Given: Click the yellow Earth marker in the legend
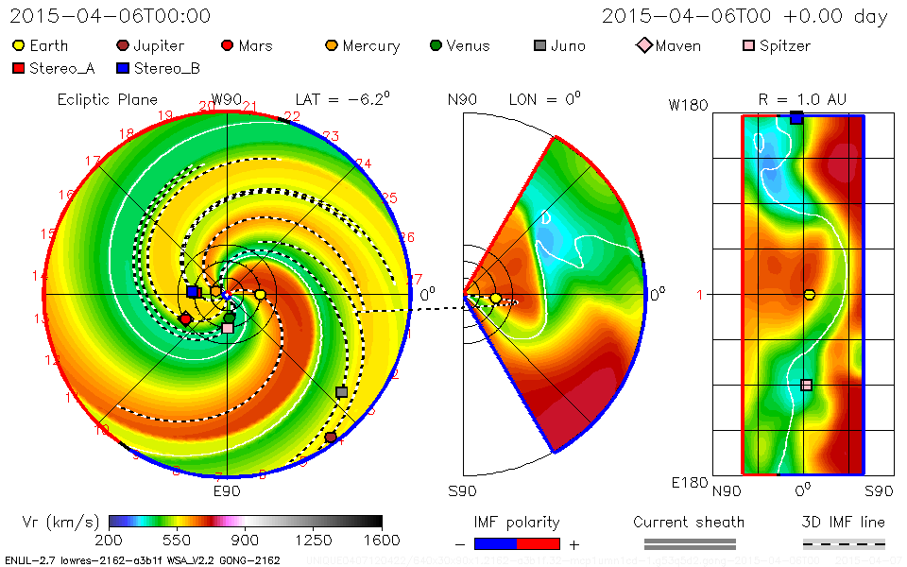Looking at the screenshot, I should pyautogui.click(x=18, y=45).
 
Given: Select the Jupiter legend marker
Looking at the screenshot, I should pyautogui.click(x=122, y=45).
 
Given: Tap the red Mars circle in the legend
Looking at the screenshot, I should pyautogui.click(x=227, y=45).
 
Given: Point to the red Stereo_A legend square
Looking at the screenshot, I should pyautogui.click(x=18, y=68).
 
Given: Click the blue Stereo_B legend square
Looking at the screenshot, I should pyautogui.click(x=122, y=68).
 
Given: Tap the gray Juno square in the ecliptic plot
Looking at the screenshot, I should pyautogui.click(x=342, y=391).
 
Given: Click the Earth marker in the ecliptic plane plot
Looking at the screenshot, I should pyautogui.click(x=260, y=295).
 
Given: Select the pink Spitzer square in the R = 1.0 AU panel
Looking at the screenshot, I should pyautogui.click(x=806, y=385).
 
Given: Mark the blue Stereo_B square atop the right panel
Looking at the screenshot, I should pyautogui.click(x=796, y=117).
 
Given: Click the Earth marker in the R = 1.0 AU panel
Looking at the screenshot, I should pyautogui.click(x=809, y=295).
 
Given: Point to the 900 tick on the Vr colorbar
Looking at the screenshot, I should pyautogui.click(x=246, y=540).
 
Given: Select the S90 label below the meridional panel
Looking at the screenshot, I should pyautogui.click(x=463, y=491).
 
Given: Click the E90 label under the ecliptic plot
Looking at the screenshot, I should pyautogui.click(x=227, y=491).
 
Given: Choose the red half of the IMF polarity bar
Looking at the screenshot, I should pyautogui.click(x=539, y=543).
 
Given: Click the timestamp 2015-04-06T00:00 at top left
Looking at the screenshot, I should pyautogui.click(x=111, y=16).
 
